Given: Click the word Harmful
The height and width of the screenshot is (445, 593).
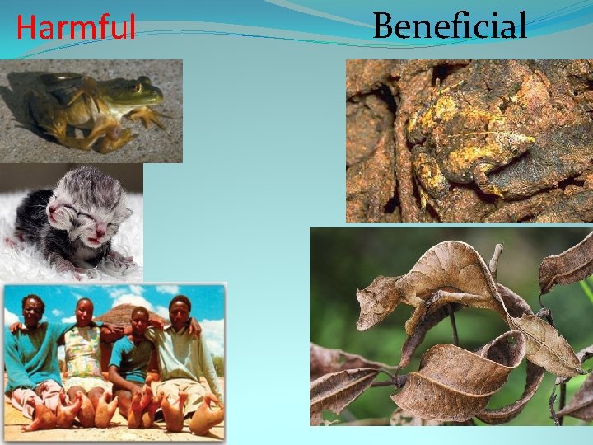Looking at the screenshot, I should tap(75, 28).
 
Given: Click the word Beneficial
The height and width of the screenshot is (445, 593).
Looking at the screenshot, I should tap(449, 26).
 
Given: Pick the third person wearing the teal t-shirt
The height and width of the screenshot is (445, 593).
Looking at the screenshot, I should tap(131, 354).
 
